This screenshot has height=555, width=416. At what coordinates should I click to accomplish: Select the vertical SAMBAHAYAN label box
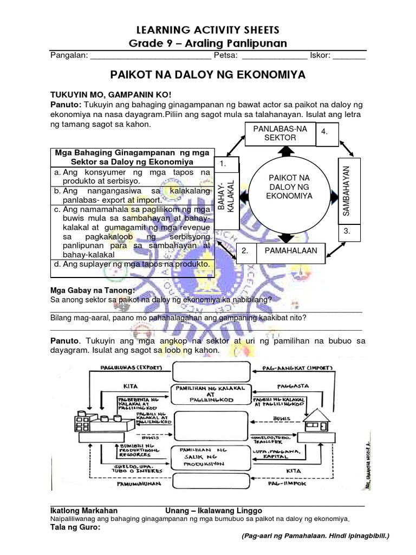pyautogui.click(x=348, y=189)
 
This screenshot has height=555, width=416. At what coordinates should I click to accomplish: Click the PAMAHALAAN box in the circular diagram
pyautogui.click(x=290, y=251)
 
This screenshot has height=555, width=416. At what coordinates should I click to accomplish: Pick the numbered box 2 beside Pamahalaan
pyautogui.click(x=246, y=251)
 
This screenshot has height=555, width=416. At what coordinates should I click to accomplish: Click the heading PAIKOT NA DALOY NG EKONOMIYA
pyautogui.click(x=208, y=74)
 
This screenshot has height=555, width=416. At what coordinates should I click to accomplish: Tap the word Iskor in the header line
pyautogui.click(x=320, y=55)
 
